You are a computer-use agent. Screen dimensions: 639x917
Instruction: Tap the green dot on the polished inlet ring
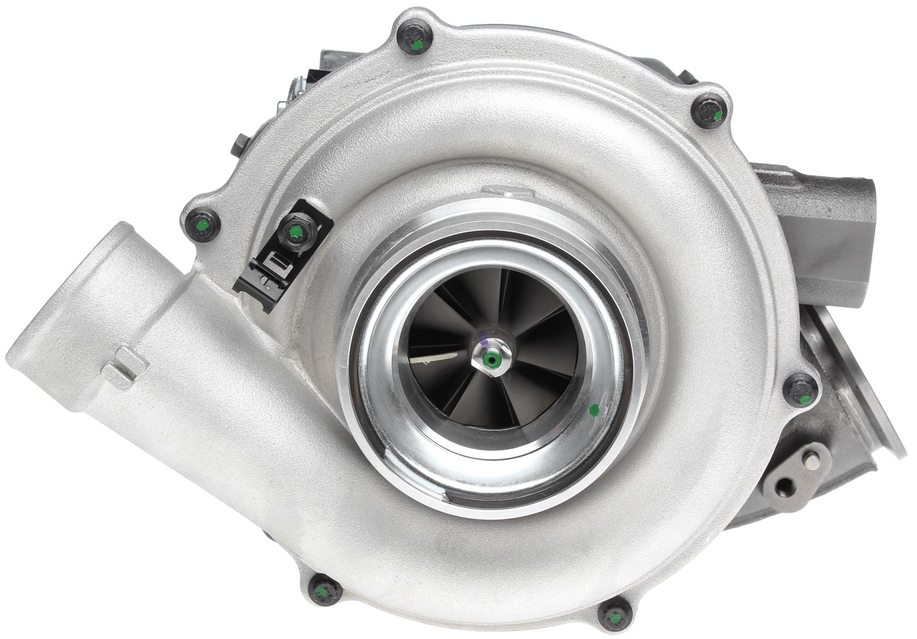point(592,410)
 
